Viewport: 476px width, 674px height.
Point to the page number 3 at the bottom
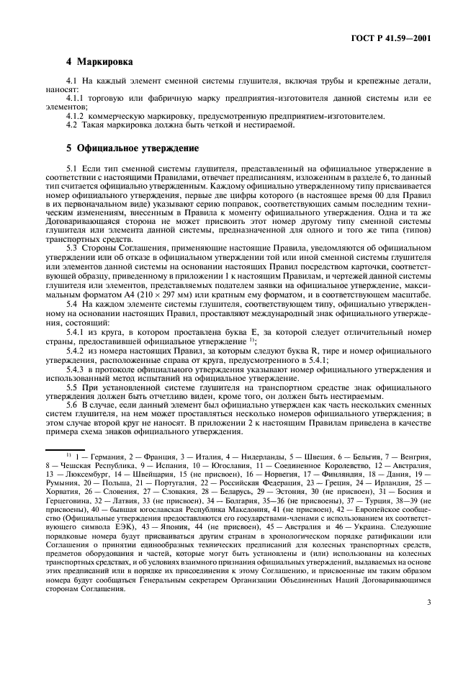tap(428, 634)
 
